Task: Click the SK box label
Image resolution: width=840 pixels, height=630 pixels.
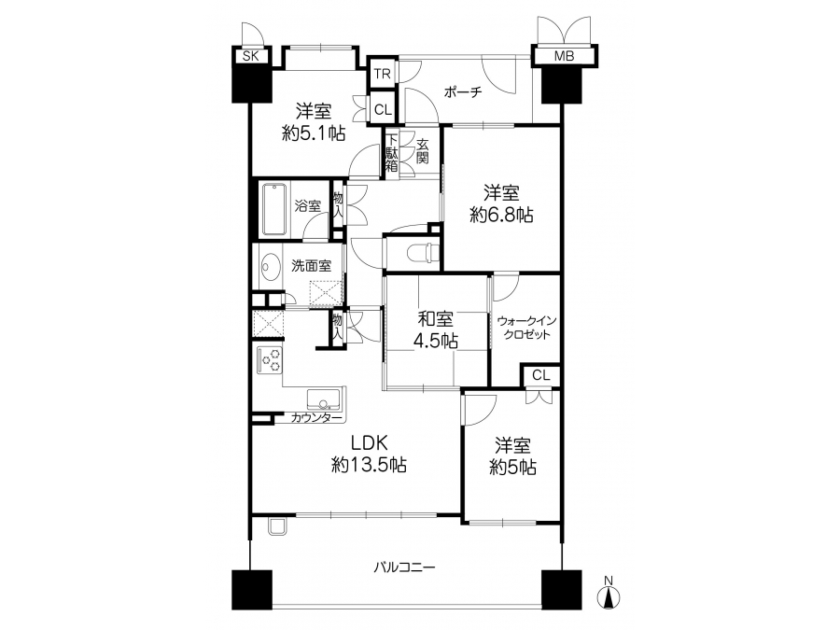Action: click(x=251, y=56)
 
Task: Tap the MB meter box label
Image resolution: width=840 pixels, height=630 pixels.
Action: click(x=564, y=56)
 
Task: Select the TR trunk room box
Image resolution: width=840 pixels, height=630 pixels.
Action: click(x=383, y=74)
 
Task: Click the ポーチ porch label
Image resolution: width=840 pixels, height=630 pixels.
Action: click(x=463, y=92)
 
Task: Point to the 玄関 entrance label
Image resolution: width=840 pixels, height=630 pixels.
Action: click(x=423, y=151)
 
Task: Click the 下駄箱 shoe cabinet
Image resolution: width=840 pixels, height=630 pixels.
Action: click(x=392, y=153)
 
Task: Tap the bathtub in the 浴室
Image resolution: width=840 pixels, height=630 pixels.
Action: click(x=274, y=209)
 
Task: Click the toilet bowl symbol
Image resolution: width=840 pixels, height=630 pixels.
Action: click(x=422, y=251)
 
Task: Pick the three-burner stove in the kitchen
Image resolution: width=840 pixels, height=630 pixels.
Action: click(x=269, y=360)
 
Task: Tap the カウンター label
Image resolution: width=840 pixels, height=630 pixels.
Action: click(x=316, y=417)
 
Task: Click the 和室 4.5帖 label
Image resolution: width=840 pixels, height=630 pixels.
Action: click(x=436, y=329)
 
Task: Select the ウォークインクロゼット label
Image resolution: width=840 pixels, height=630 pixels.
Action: click(x=526, y=328)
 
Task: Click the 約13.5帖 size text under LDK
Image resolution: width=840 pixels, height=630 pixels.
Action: click(x=369, y=465)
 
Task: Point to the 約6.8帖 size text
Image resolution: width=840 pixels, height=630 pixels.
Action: click(x=501, y=216)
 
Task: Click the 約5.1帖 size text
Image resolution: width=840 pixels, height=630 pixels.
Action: click(x=314, y=133)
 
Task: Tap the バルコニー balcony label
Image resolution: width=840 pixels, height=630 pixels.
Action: click(x=405, y=567)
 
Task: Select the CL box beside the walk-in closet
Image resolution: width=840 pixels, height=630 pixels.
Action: click(x=541, y=375)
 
